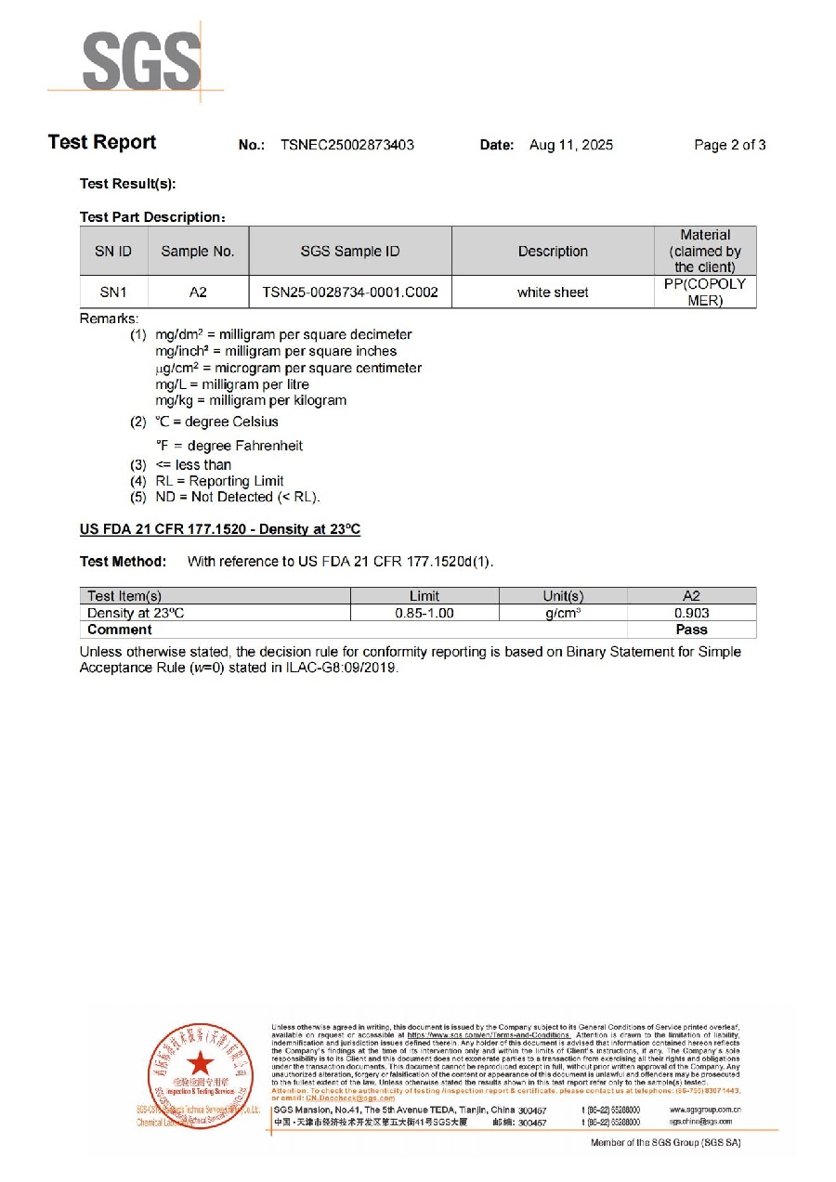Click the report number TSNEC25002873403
pos(346,145)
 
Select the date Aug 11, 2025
pos(570,145)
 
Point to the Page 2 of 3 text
pos(729,145)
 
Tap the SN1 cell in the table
pos(113,292)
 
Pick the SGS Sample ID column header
pos(350,252)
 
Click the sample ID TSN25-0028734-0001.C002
pos(350,292)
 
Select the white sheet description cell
pos(553,292)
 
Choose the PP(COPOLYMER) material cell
pos(704,292)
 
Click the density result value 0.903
pos(691,614)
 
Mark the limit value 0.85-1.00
pos(424,614)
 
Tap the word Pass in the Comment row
pos(691,630)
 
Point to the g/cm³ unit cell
pos(563,614)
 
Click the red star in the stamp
pos(201,1064)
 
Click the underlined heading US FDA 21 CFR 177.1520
pos(220,529)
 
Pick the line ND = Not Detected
pos(237,498)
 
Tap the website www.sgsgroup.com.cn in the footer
pos(704,1109)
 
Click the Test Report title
pos(102,142)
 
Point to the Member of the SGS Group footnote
pos(665,1142)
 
